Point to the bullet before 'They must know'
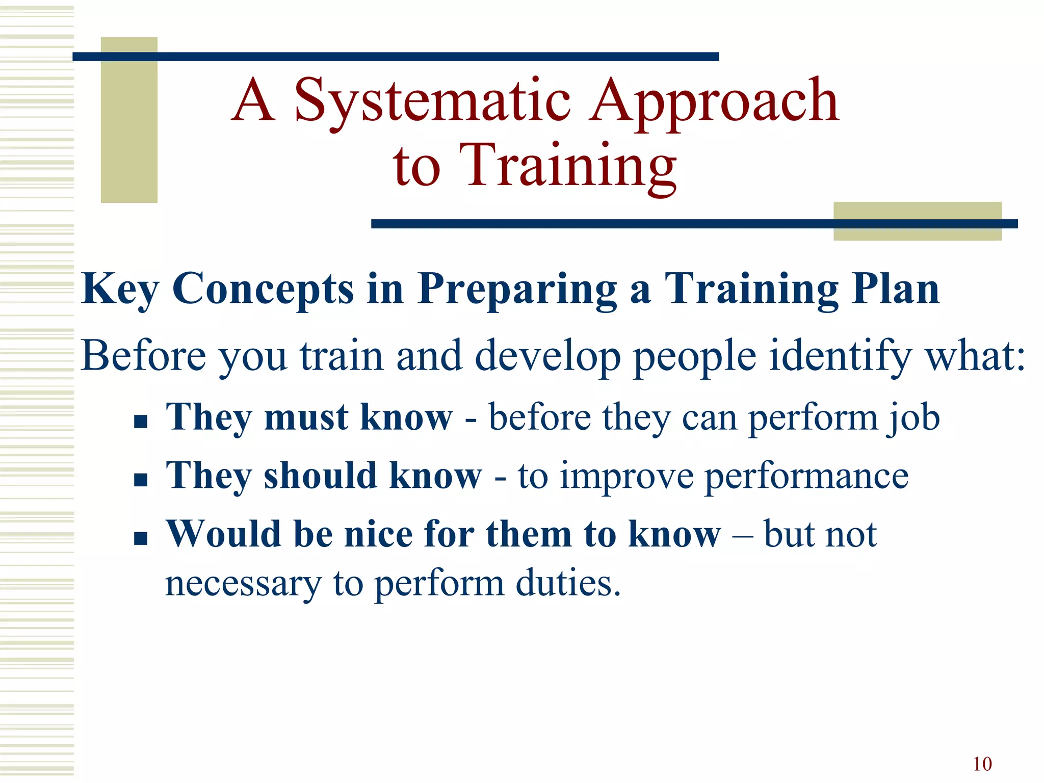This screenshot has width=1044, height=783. pyautogui.click(x=141, y=421)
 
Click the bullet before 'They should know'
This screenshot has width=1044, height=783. pyautogui.click(x=141, y=480)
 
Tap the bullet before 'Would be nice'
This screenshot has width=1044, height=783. pyautogui.click(x=141, y=538)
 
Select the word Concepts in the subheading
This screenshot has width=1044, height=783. pyautogui.click(x=263, y=289)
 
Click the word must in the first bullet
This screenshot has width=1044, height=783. pyautogui.click(x=306, y=417)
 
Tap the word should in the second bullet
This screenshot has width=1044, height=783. pyautogui.click(x=320, y=476)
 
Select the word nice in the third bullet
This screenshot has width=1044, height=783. pyautogui.click(x=378, y=534)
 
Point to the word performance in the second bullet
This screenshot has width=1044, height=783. pyautogui.click(x=806, y=477)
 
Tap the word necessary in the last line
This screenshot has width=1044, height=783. pyautogui.click(x=243, y=584)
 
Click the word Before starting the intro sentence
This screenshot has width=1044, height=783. pyautogui.click(x=144, y=356)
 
